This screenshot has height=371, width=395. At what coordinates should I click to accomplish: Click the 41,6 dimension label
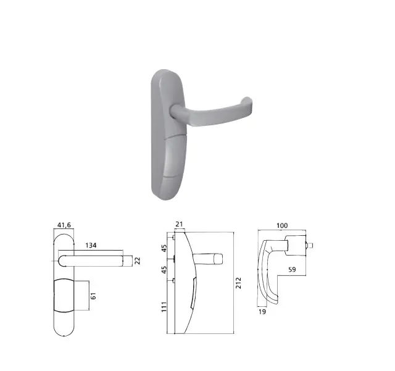[64, 225]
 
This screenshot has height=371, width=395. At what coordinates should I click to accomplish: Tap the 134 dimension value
[91, 245]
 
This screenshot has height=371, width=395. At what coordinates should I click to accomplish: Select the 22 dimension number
[137, 261]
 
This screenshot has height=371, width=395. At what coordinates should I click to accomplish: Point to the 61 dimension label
[93, 296]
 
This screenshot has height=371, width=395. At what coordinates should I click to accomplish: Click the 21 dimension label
[179, 224]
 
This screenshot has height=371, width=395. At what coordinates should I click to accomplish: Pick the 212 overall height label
[238, 283]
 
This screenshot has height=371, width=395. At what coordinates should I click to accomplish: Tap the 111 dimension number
[164, 307]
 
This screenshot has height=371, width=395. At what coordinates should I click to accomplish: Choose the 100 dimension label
[282, 225]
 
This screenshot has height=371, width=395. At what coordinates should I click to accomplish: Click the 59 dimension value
[292, 270]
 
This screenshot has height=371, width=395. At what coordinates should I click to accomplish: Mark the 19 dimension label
[262, 312]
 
